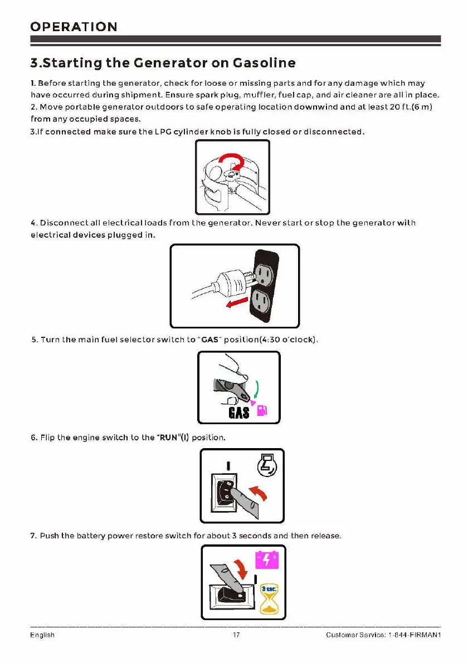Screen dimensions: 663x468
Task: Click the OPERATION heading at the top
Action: pyautogui.click(x=74, y=27)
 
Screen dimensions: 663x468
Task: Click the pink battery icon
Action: pyautogui.click(x=265, y=559)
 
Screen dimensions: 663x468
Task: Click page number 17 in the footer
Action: pyautogui.click(x=235, y=635)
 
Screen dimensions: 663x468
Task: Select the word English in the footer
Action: pyautogui.click(x=42, y=635)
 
